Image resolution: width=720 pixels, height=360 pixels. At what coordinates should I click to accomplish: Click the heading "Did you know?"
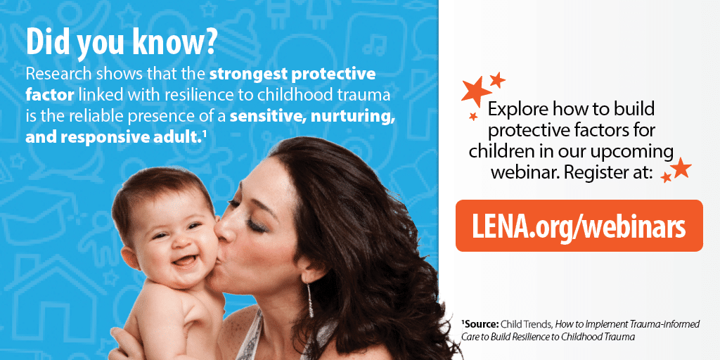point(121,41)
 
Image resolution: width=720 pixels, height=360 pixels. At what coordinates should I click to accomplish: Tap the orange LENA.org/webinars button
point(579,226)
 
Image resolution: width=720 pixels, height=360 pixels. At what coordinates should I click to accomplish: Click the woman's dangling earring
point(310,300)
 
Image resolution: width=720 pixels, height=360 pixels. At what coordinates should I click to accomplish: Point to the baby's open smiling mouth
point(184,262)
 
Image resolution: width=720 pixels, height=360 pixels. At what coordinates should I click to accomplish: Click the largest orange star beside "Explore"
point(476,91)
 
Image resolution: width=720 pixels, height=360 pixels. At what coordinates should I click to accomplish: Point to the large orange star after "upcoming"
point(681,167)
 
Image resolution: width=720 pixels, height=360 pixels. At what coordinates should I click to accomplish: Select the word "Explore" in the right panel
point(517,110)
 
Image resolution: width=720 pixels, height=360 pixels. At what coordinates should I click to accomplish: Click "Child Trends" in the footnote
point(519,324)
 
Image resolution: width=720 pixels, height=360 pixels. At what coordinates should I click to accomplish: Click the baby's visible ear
point(130,257)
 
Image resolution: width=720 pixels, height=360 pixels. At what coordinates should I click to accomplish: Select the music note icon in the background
point(370,44)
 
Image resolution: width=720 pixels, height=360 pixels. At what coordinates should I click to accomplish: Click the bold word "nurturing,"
point(353,117)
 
